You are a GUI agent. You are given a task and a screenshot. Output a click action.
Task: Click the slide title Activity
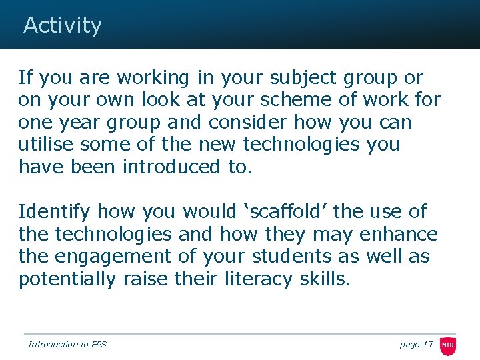(63, 25)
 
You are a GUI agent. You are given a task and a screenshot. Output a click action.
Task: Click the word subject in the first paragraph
(303, 77)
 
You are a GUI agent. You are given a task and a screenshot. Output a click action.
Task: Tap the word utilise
(48, 144)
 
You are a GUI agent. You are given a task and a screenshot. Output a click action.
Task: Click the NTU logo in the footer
(447, 345)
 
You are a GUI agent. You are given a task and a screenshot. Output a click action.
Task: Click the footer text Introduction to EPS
(67, 344)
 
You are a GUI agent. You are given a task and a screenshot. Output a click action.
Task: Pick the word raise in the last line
(145, 279)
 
